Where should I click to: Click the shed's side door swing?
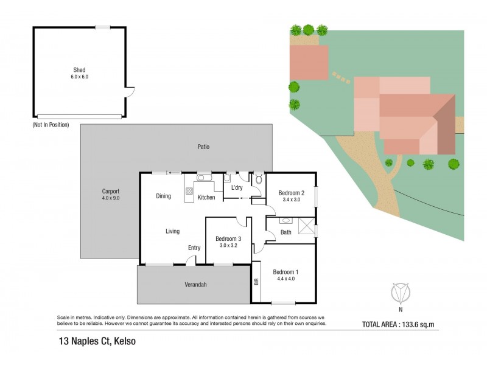pos(130,94)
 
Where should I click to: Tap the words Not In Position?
pos(51,125)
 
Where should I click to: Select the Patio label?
pos(203,147)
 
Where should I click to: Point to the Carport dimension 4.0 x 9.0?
pos(110,197)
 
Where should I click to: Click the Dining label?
pos(163,196)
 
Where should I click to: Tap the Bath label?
pos(286,232)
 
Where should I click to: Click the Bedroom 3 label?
pos(228,239)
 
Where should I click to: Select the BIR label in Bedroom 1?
pos(256,282)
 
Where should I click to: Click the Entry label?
pos(194,247)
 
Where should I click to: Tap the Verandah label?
pos(196,284)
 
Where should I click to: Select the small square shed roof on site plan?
pos(308,60)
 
